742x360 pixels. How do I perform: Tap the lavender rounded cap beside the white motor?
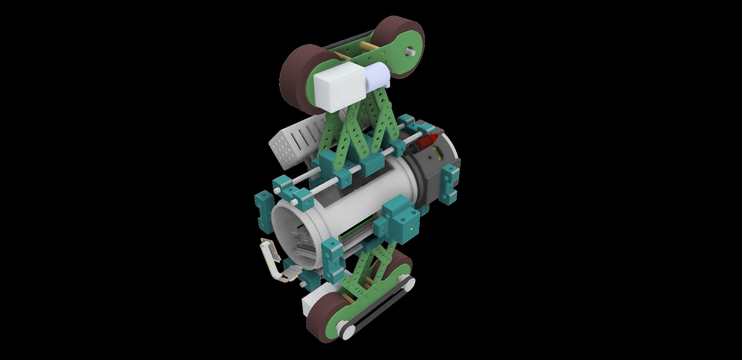(x=377, y=76)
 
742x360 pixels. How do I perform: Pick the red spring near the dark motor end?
(x=430, y=141)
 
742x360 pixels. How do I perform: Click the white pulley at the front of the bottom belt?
(x=348, y=331)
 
